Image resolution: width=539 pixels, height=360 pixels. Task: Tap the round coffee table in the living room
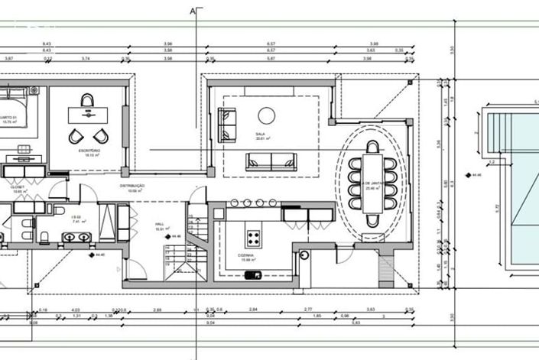266,115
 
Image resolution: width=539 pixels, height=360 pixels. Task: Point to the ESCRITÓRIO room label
89,151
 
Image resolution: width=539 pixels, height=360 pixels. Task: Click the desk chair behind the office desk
87,101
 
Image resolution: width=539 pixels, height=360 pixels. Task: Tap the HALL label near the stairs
161,225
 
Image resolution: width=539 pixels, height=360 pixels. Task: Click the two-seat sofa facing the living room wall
227,125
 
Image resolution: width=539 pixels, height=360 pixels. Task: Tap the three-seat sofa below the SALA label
271,161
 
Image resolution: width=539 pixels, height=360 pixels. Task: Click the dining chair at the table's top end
372,147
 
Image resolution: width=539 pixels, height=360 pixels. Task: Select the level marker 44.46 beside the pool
479,175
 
